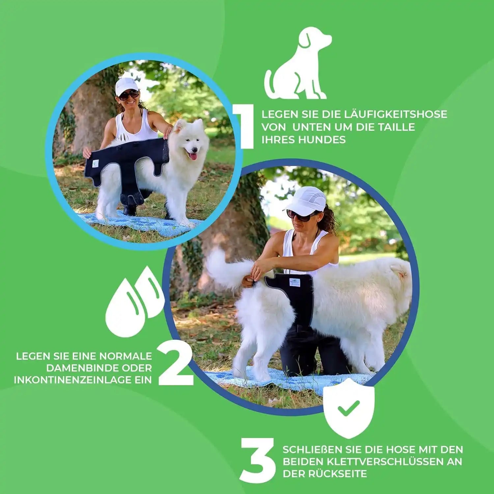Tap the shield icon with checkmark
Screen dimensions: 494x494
click(x=349, y=408)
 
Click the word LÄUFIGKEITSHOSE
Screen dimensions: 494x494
click(x=396, y=114)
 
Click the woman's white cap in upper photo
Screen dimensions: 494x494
click(x=126, y=85)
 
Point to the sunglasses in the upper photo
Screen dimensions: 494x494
click(x=128, y=95)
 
